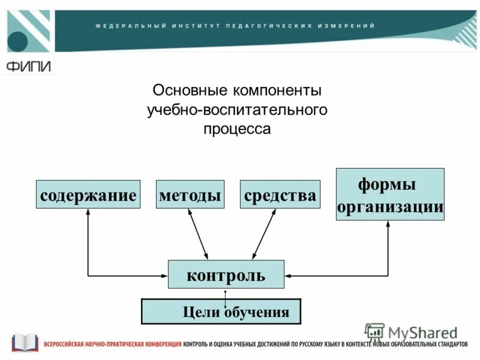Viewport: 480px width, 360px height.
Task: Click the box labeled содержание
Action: pyautogui.click(x=88, y=194)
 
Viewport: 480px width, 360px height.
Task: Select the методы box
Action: pyautogui.click(x=190, y=194)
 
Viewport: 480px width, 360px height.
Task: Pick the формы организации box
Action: pyautogui.click(x=390, y=194)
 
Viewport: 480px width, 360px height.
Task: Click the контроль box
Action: pyautogui.click(x=226, y=275)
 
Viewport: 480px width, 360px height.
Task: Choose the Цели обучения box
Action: pyautogui.click(x=220, y=311)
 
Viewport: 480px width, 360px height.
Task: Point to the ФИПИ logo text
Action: pyautogui.click(x=28, y=66)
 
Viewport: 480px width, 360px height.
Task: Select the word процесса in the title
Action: pyautogui.click(x=237, y=129)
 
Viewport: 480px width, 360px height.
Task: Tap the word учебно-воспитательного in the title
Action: pyautogui.click(x=237, y=110)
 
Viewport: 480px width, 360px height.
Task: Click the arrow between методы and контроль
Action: pyautogui.click(x=199, y=235)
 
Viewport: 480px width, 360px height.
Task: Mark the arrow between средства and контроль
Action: pyautogui.click(x=264, y=235)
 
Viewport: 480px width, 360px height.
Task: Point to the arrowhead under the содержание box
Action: pyautogui.click(x=88, y=212)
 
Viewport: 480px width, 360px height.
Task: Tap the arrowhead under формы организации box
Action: pyautogui.click(x=388, y=224)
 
